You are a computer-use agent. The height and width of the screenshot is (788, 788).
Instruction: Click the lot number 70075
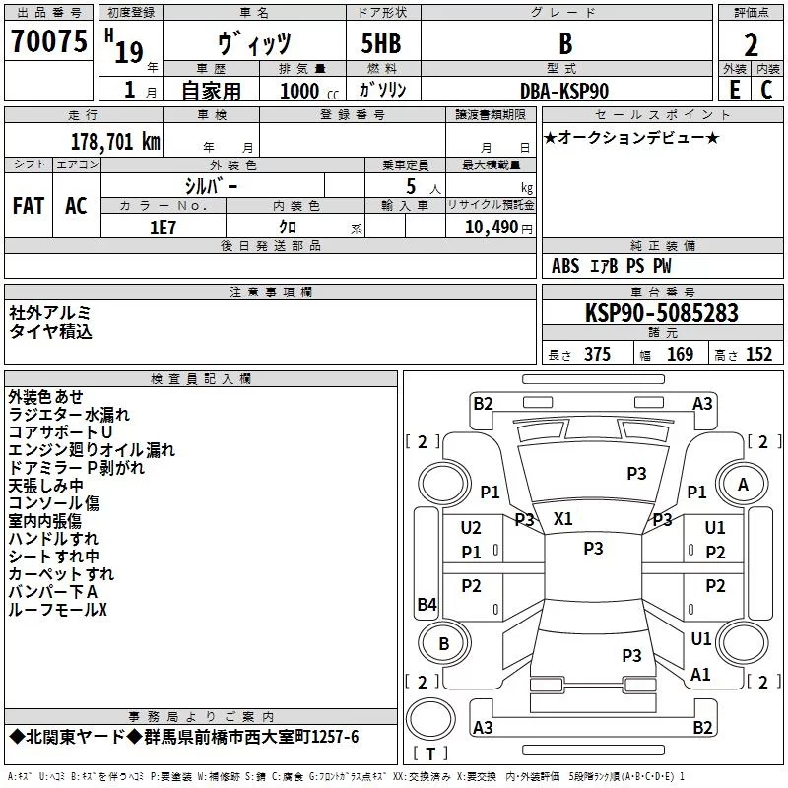coord(46,42)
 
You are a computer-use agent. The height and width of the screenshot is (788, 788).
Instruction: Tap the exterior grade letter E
coord(734,89)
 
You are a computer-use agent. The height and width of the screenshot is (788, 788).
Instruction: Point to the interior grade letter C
coord(766,89)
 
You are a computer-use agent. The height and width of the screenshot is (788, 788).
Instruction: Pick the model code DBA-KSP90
coord(564,91)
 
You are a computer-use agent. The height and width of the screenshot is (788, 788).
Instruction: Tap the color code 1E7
coord(163,226)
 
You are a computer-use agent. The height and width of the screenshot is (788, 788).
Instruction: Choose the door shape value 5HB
coord(388,44)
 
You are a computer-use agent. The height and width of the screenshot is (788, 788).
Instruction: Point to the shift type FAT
coord(29,206)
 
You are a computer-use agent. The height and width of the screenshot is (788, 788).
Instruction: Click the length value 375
coord(597,354)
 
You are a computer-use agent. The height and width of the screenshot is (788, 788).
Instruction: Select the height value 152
coord(758,354)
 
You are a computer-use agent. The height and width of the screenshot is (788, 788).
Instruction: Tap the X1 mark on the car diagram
coord(563,518)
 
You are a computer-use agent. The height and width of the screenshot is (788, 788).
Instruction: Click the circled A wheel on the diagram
coord(743,485)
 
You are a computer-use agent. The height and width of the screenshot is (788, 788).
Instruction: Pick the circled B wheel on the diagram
coord(443,644)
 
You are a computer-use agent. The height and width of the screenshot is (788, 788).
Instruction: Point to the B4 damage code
coord(427,604)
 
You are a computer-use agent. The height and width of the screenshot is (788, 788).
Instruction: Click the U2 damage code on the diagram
coord(471,528)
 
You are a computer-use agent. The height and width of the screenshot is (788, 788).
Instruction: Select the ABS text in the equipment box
coord(565,266)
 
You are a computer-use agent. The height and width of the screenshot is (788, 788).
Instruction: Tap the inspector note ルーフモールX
coord(57,610)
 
